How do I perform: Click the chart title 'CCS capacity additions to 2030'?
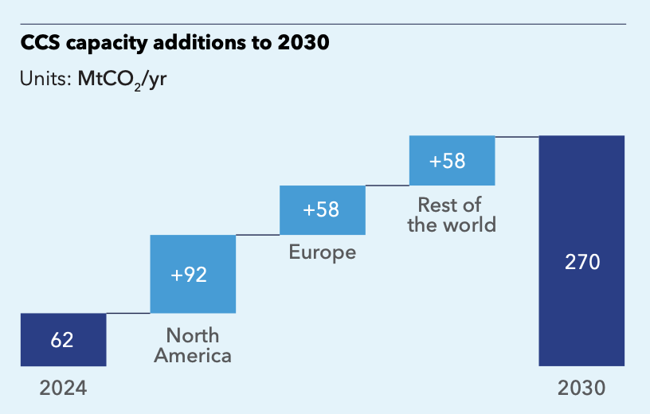click(175, 45)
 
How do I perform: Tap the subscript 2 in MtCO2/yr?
click(137, 87)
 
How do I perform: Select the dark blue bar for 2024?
click(63, 340)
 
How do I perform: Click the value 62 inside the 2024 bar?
click(62, 340)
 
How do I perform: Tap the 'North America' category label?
click(193, 346)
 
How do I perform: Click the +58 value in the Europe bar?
click(321, 210)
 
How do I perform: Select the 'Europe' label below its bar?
click(322, 254)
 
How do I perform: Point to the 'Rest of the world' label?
click(451, 215)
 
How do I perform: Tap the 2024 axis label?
click(63, 389)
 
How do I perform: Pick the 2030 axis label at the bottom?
click(581, 389)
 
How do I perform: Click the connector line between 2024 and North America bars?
click(128, 314)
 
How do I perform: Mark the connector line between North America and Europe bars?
click(257, 235)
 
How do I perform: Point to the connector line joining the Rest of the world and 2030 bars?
click(517, 137)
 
